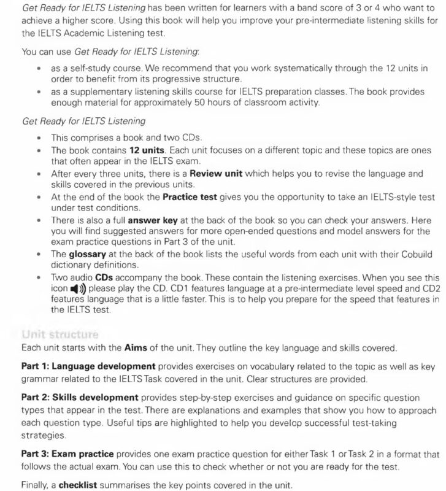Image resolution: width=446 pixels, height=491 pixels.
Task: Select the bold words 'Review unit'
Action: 217,174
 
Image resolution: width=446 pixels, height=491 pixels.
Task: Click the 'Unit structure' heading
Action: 60,334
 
